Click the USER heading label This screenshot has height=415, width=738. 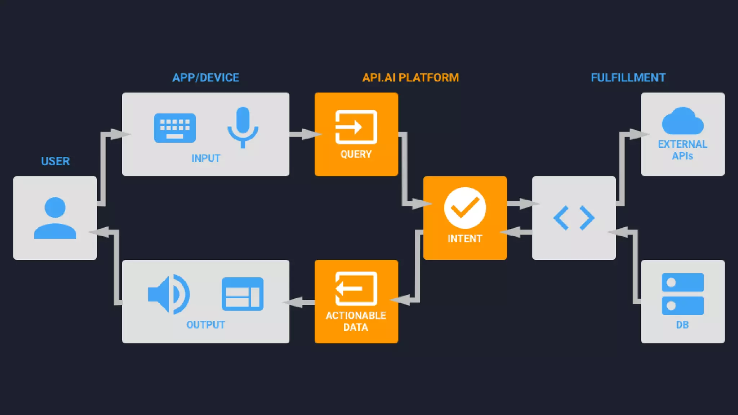pos(55,161)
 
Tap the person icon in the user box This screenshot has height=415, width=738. pos(55,218)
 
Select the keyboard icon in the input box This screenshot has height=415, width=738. pos(175,128)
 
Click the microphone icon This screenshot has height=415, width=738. pos(243,127)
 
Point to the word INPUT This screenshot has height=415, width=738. pos(206,158)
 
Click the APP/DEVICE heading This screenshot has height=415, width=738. pos(206,77)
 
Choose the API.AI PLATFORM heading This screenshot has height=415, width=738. pos(410,77)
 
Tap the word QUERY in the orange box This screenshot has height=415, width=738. pos(356,154)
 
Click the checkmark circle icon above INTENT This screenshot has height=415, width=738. pos(465,208)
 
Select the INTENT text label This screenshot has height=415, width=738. pos(465,238)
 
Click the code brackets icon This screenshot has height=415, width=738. pos(574,218)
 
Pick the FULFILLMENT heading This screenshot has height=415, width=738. pos(628,77)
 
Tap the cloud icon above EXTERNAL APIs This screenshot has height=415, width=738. pos(683,121)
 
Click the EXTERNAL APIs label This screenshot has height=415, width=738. pos(683,150)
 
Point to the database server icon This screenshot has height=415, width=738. pos(683,294)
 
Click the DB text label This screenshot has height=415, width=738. pos(683,325)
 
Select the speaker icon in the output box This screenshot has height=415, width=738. pos(169,294)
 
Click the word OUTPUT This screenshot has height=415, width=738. pos(206,325)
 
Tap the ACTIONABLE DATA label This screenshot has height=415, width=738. pos(356,321)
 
